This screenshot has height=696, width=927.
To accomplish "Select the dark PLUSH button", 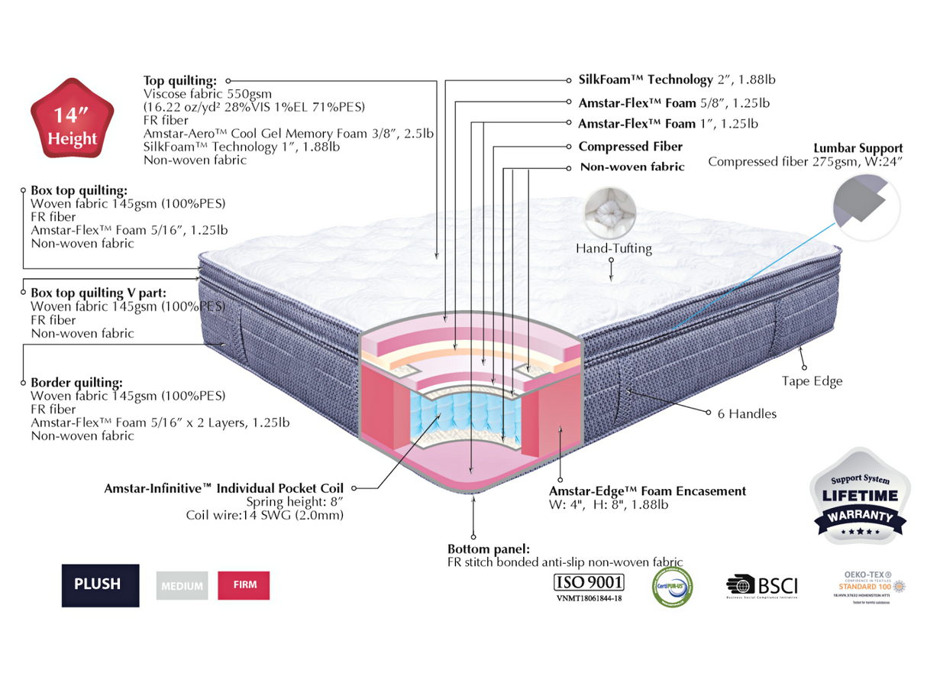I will pyautogui.click(x=100, y=584).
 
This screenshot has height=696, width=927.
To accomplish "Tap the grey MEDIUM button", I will pyautogui.click(x=182, y=586).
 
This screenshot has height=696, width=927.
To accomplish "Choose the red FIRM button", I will pyautogui.click(x=244, y=585).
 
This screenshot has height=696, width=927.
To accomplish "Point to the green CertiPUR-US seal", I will pyautogui.click(x=672, y=586).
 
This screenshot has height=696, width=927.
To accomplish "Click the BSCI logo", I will pyautogui.click(x=761, y=586).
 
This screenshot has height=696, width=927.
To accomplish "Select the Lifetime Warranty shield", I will pyautogui.click(x=860, y=497).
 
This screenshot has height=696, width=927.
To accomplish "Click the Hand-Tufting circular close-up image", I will pyautogui.click(x=610, y=212).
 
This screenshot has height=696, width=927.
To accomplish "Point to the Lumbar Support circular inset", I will pyautogui.click(x=865, y=205).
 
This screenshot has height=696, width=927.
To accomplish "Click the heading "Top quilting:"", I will pyautogui.click(x=180, y=81).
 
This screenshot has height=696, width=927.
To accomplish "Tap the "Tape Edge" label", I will pyautogui.click(x=812, y=381).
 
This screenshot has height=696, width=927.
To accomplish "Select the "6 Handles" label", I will pyautogui.click(x=747, y=414).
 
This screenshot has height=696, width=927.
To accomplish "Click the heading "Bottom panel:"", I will pyautogui.click(x=489, y=549).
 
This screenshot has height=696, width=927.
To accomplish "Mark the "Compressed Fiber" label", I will pyautogui.click(x=630, y=147).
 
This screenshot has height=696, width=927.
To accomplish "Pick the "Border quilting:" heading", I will pyautogui.click(x=76, y=383).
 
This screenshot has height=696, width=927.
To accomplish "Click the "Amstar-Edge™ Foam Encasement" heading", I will pyautogui.click(x=648, y=491).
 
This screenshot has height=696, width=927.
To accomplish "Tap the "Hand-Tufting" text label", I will pyautogui.click(x=614, y=248).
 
